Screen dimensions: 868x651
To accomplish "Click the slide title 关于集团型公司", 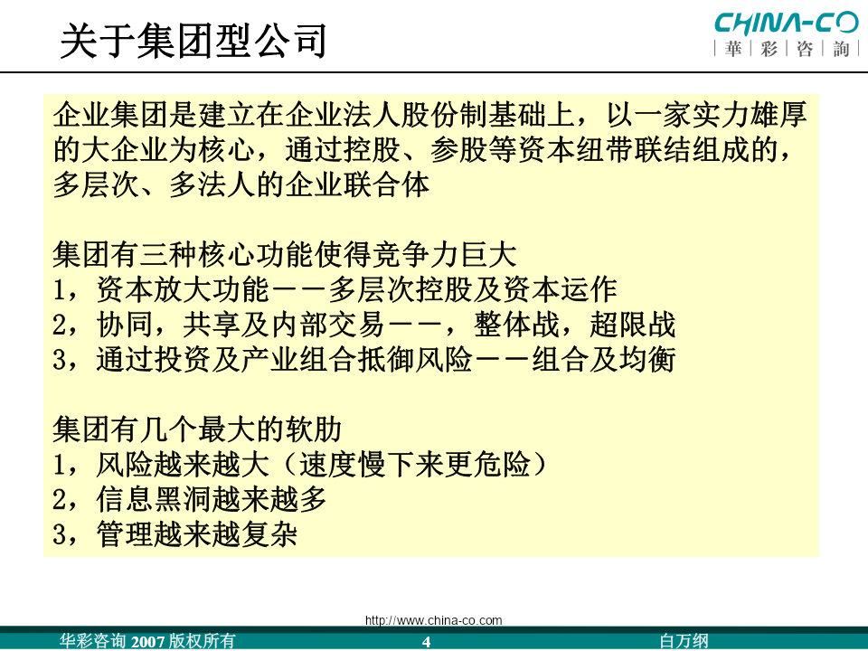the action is (x=193, y=41).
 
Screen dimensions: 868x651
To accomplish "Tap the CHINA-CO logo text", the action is (x=787, y=24).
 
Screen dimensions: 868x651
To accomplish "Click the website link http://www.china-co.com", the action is (x=433, y=620).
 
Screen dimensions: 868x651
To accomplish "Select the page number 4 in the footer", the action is (x=426, y=642).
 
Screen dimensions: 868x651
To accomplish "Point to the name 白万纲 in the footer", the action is (x=684, y=641).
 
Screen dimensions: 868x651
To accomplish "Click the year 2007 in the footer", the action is (x=147, y=642).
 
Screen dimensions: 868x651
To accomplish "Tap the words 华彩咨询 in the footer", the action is (x=93, y=641).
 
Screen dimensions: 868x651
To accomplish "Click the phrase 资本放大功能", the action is (x=183, y=289).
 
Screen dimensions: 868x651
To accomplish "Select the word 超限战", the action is (x=632, y=325).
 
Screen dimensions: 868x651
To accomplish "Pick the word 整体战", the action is (x=516, y=325).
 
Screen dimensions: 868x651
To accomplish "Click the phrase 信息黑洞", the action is (x=154, y=499).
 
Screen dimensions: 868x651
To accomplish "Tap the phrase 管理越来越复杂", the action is (x=197, y=533).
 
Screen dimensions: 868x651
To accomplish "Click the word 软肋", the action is (x=314, y=429).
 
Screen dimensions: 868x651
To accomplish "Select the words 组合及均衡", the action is (x=603, y=359).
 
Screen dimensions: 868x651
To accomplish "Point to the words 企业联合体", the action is (x=357, y=184).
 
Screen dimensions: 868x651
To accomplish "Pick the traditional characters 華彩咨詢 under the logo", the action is (x=787, y=49).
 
